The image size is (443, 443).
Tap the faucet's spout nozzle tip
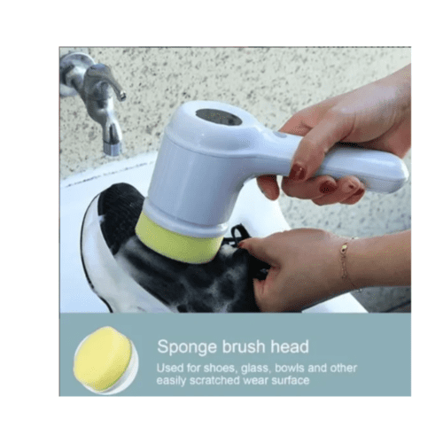tap(113, 149)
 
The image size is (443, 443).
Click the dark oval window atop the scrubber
tap(219, 117)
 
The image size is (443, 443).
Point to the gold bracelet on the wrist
tap(345, 260)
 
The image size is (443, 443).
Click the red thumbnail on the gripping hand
tap(297, 172)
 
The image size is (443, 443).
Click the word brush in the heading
tap(245, 346)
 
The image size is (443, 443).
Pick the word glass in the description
tap(255, 369)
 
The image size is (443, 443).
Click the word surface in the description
tap(291, 381)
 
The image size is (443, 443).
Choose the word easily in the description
tap(171, 381)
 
